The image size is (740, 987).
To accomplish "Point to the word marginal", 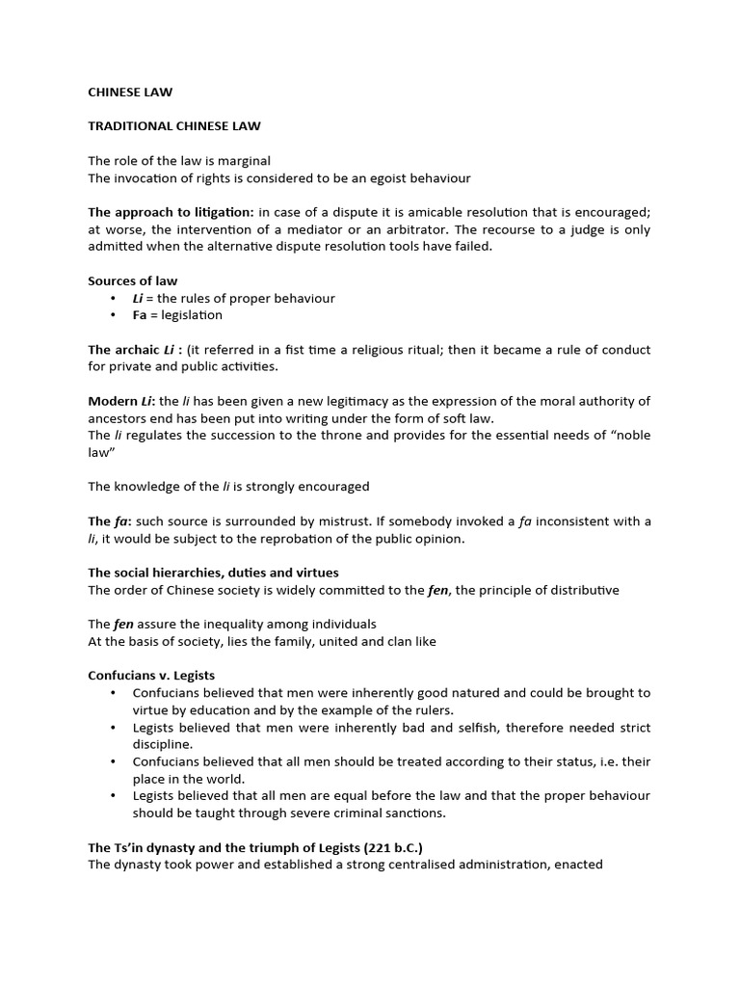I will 243,160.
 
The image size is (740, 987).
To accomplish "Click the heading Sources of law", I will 133,280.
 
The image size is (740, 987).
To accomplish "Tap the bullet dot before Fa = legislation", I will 113,315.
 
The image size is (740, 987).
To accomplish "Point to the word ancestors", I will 118,417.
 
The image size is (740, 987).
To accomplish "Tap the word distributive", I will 582,590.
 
